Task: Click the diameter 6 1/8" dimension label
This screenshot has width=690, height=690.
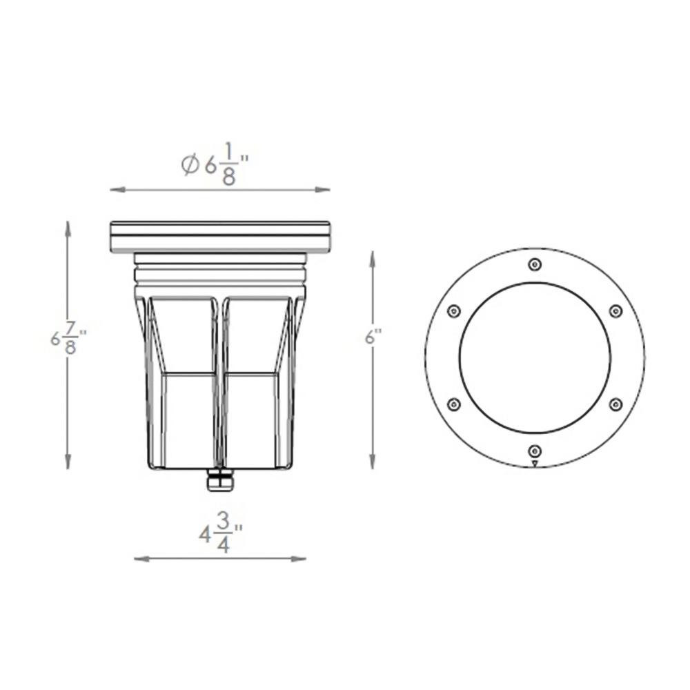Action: point(215,164)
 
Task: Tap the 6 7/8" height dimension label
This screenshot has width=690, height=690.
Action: point(68,338)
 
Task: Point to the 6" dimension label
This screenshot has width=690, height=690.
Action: point(373,337)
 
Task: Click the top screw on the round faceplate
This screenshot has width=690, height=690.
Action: point(535,264)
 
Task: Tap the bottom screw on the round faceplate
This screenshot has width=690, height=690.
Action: point(535,451)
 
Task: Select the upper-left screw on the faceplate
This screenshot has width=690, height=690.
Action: point(453,311)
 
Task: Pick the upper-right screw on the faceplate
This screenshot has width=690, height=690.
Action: point(615,311)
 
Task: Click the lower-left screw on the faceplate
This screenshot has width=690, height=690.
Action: point(453,404)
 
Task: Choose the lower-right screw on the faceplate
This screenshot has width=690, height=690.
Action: point(615,404)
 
